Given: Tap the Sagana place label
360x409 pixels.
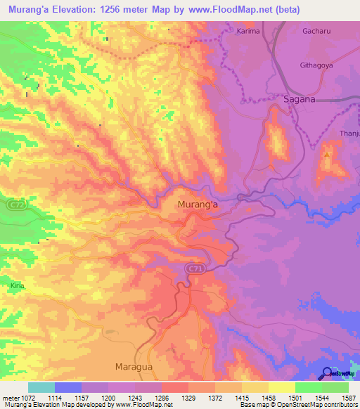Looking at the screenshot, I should [x=300, y=100].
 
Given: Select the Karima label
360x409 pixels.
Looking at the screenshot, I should [x=248, y=32].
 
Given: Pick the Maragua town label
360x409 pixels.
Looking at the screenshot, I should [x=134, y=367].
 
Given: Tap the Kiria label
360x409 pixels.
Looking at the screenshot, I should [x=17, y=286].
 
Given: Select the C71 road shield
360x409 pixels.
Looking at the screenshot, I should [x=195, y=268].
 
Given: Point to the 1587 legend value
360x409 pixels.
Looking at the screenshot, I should [x=338, y=398].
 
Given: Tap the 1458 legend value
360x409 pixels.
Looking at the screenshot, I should [x=257, y=398].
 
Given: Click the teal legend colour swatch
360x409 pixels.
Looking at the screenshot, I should [x=41, y=387].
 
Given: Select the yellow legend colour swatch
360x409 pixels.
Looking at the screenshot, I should [x=282, y=387].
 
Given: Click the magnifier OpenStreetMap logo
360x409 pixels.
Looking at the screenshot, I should [x=328, y=373].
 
